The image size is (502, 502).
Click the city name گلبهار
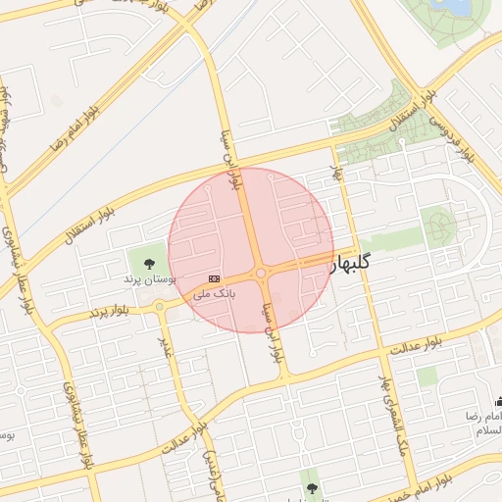(x=352, y=262)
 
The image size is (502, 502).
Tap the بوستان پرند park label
(x=149, y=279)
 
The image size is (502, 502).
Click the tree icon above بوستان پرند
(x=149, y=263)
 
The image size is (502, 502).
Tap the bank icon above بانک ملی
(x=214, y=278)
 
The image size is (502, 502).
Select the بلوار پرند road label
(x=109, y=312)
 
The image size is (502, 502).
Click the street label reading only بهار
(x=339, y=175)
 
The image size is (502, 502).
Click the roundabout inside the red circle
(x=261, y=274)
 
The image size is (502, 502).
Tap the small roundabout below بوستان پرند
(x=160, y=307)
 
